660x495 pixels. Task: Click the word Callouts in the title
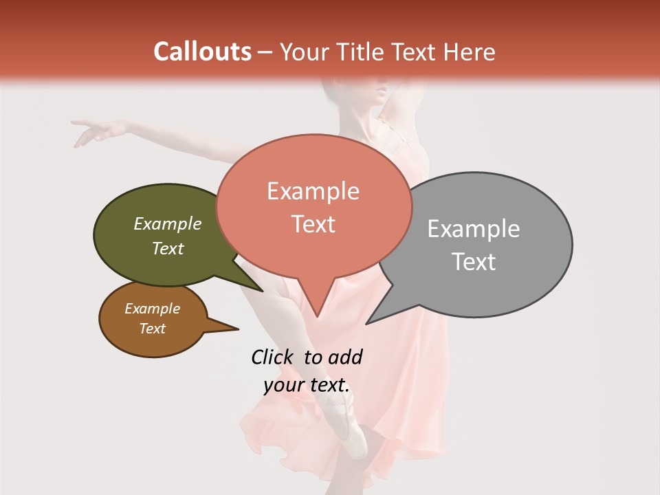pos(202,52)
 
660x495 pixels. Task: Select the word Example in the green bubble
pos(167,224)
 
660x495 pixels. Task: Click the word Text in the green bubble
pos(167,248)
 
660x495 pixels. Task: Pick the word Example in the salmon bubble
pos(313,191)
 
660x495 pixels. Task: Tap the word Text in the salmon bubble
pos(313,224)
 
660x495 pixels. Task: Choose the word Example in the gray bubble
pos(474,229)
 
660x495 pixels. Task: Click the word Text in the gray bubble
pos(474,262)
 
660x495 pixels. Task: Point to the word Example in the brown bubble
pos(152,309)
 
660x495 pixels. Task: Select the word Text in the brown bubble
pos(152,329)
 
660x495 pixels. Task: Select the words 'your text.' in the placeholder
pos(307,385)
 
